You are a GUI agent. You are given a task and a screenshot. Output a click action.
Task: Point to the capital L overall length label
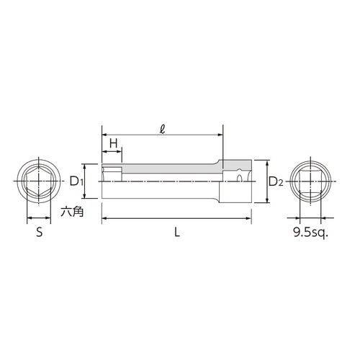pyautogui.click(x=176, y=233)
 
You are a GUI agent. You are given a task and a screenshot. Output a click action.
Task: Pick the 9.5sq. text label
pyautogui.click(x=310, y=233)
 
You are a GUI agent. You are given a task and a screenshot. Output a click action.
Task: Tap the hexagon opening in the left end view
pyautogui.click(x=37, y=182)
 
